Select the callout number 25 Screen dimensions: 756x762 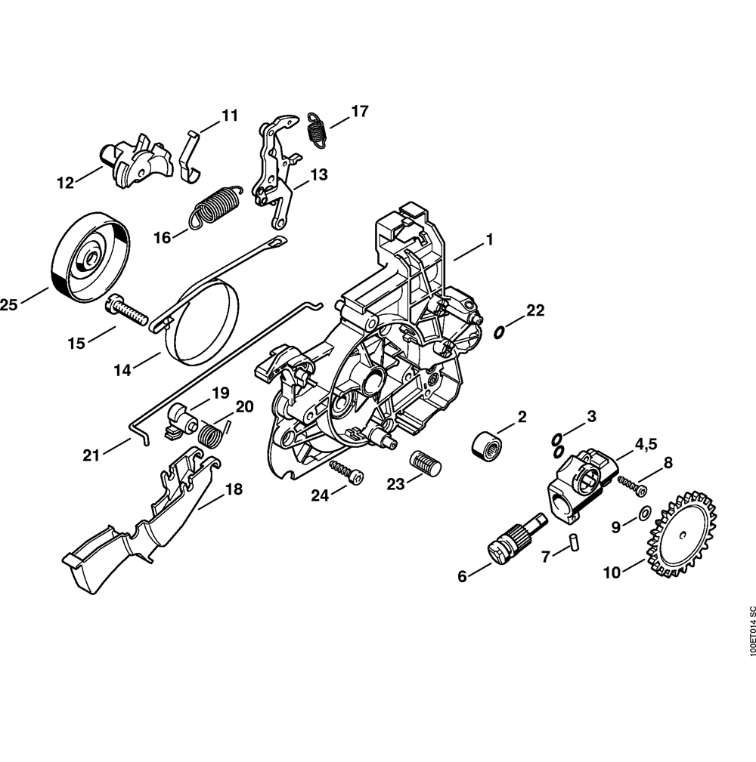[x=8, y=305]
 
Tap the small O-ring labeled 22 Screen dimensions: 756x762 [x=499, y=332]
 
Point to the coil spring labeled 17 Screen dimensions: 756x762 [x=318, y=129]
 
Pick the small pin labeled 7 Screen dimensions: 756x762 [x=574, y=541]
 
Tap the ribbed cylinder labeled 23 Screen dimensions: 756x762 [x=426, y=463]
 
